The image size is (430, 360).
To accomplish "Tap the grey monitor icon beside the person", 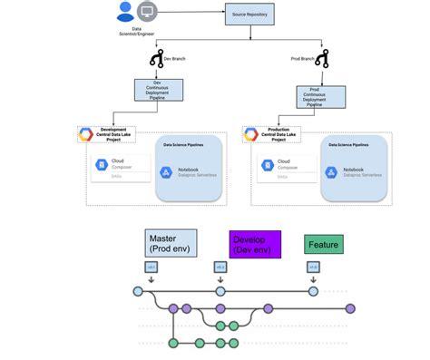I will point(146,13).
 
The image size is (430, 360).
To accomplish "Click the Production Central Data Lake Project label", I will point(282,134).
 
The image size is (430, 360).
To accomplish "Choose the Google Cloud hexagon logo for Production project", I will point(251,135).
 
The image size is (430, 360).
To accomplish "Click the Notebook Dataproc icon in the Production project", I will point(329,172).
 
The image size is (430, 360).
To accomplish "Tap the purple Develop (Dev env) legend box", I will point(255,244).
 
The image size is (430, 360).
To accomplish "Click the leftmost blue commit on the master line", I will point(138,292).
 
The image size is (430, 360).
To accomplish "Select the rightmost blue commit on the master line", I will point(313,292).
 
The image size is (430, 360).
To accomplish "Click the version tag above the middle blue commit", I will point(220,268).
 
